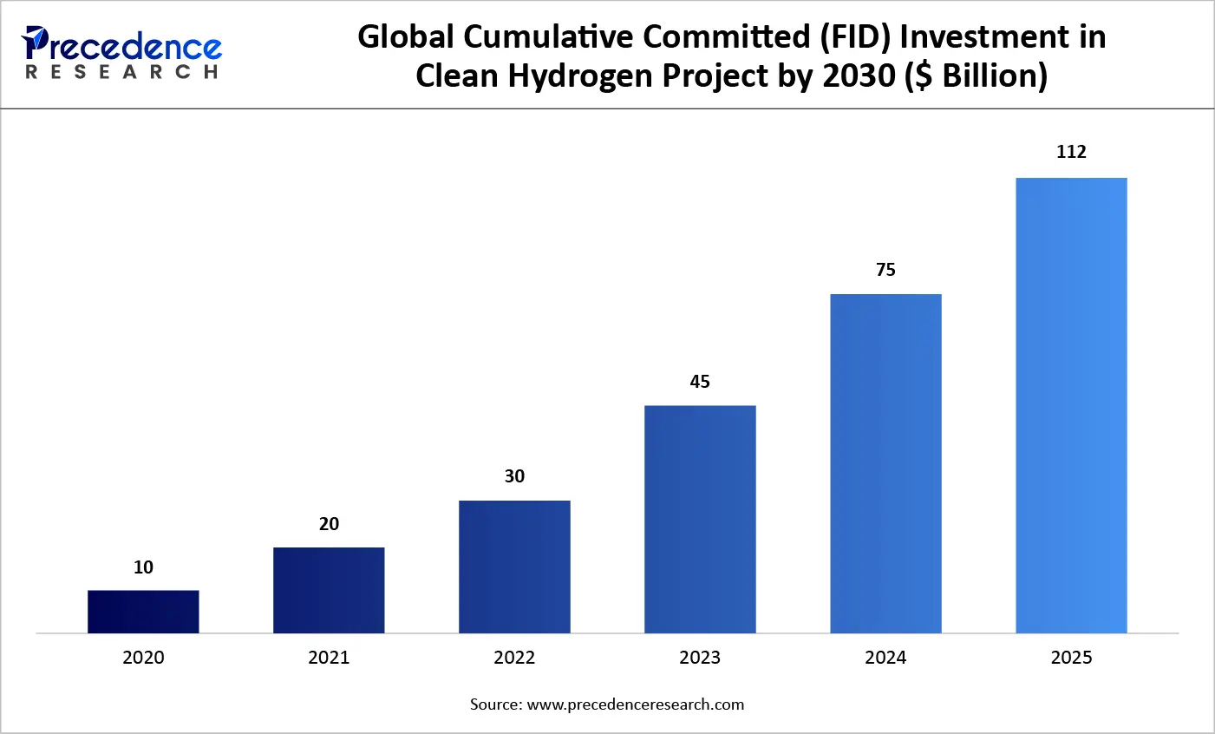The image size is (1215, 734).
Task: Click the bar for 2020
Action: (143, 612)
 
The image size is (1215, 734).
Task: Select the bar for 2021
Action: (329, 590)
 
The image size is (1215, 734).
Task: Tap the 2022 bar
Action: (514, 567)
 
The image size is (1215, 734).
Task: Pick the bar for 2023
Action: (700, 519)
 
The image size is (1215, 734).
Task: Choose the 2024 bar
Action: (885, 463)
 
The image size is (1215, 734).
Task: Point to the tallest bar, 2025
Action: (1071, 405)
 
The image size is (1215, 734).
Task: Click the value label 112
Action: (1071, 152)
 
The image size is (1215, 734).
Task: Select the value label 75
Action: (885, 270)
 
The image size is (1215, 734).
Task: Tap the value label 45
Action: (700, 382)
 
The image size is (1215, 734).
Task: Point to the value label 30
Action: (514, 476)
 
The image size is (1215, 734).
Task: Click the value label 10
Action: (143, 567)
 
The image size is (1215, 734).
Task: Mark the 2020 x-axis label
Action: (143, 658)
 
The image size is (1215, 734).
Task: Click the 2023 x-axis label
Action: (700, 658)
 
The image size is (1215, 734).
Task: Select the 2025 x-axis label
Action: (1071, 658)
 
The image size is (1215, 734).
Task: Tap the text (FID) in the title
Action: (837, 37)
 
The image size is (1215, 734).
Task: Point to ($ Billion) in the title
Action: (976, 76)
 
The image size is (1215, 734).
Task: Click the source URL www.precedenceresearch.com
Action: (635, 705)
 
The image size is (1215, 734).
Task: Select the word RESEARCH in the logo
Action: (121, 72)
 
